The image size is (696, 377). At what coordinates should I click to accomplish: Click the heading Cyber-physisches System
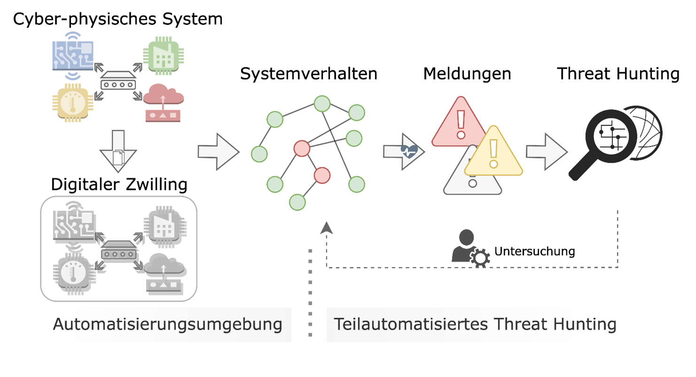(117, 19)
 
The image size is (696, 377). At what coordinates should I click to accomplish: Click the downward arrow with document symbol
(118, 152)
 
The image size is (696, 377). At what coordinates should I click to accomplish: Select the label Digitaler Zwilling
(119, 185)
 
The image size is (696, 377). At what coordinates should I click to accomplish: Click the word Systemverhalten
(309, 74)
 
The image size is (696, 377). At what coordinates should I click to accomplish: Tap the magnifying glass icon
(606, 139)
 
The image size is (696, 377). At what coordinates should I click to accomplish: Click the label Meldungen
(467, 74)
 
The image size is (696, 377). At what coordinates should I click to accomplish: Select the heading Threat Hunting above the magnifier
(618, 74)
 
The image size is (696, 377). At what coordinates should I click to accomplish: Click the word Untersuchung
(534, 251)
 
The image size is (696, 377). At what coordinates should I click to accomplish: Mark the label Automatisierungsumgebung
(168, 324)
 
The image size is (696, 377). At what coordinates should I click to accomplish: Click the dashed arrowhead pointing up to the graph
(327, 228)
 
